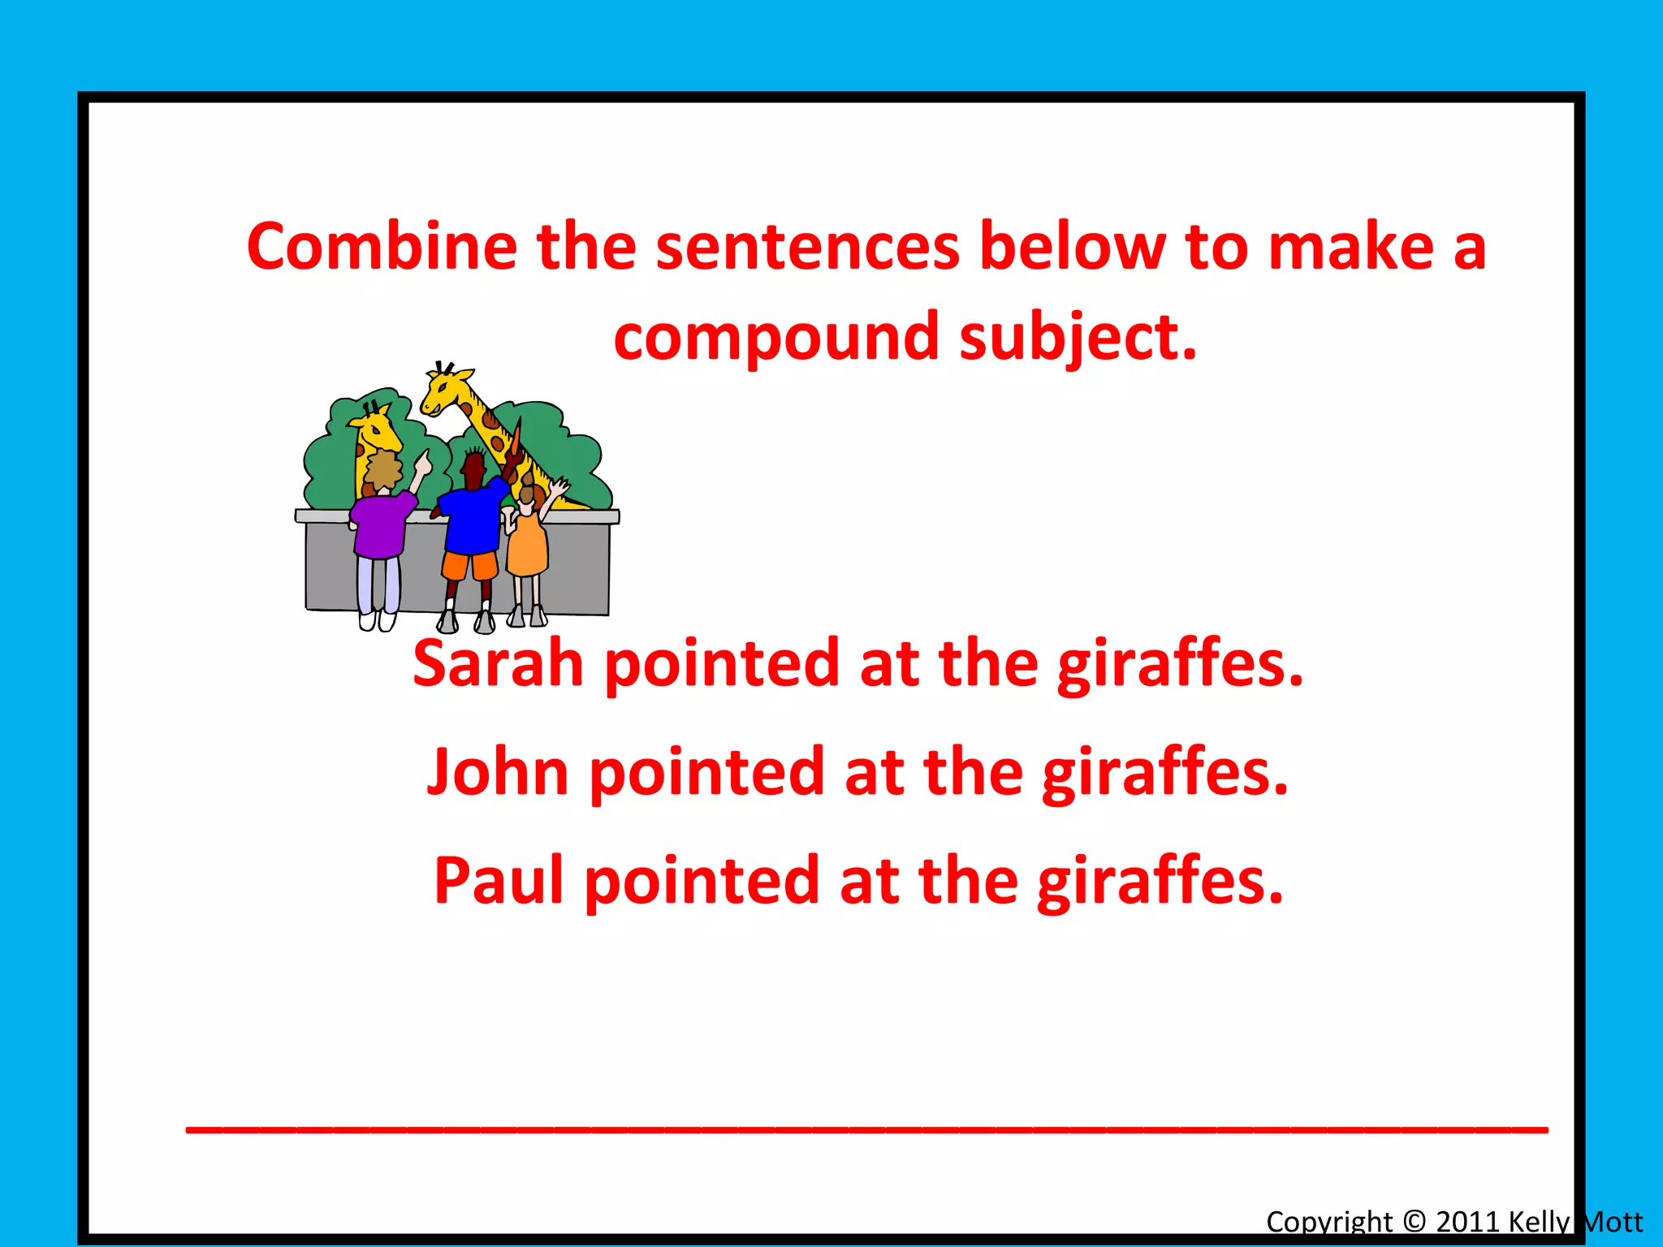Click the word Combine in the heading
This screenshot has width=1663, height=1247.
[382, 246]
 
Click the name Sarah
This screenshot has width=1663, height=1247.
[498, 663]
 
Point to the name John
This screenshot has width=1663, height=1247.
[497, 771]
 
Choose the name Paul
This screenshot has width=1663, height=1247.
[499, 880]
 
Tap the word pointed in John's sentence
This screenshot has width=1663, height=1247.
[706, 773]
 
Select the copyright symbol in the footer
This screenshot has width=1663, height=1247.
[1414, 1222]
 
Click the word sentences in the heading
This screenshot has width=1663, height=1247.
[808, 246]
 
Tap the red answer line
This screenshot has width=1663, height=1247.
[866, 1129]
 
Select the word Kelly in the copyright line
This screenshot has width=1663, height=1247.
[1539, 1222]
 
